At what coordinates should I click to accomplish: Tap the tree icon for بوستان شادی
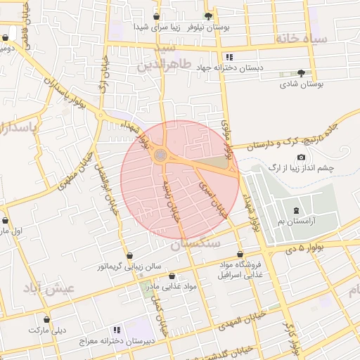[302, 72]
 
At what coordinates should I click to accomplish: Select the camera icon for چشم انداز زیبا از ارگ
[302, 157]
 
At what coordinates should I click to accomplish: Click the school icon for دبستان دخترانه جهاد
[229, 57]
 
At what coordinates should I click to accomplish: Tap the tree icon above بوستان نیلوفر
[207, 15]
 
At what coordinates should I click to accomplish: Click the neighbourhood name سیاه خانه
[301, 39]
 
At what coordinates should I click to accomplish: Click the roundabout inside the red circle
[161, 155]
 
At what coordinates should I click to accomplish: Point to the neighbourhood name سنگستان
[195, 243]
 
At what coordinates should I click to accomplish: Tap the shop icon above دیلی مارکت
[47, 319]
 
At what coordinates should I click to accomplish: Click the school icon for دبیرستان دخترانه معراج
[117, 329]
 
